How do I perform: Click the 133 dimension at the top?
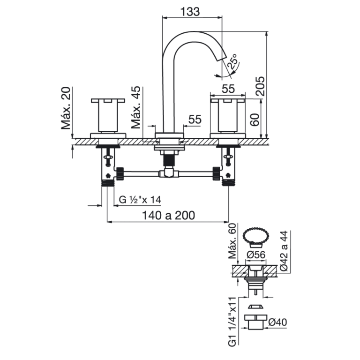190,11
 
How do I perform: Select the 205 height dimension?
260,86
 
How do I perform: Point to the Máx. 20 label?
66,108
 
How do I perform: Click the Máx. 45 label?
135,107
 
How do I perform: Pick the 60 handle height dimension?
255,120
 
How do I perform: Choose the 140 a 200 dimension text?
169,215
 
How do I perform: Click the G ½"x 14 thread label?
140,200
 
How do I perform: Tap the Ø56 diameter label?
256,255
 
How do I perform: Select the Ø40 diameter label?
277,322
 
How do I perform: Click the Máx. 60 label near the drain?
232,241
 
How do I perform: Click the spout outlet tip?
222,58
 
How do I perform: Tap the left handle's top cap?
108,101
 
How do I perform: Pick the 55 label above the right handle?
228,89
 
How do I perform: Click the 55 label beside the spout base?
195,120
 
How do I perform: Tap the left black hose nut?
120,173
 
